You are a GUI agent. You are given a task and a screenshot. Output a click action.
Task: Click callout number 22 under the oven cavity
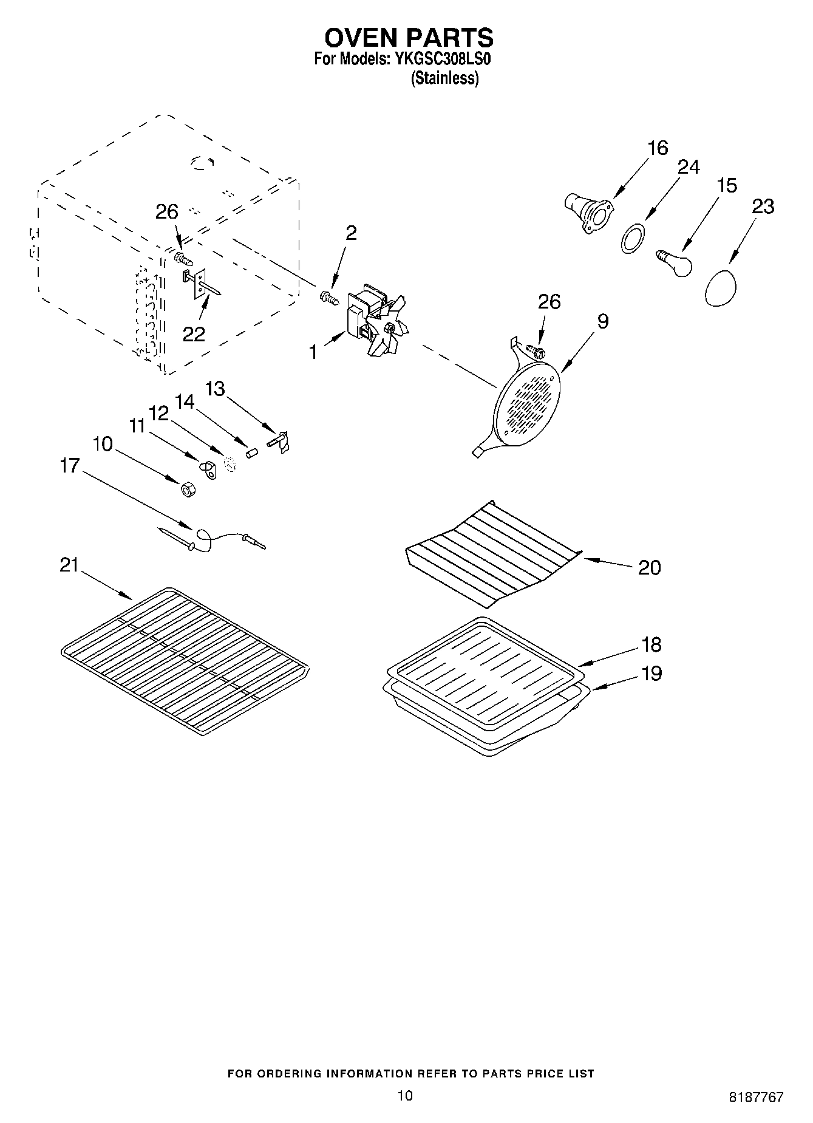pos(194,333)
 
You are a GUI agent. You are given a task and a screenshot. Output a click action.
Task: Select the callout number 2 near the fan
pos(351,233)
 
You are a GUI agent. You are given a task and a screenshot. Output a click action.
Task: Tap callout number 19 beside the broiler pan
pos(651,674)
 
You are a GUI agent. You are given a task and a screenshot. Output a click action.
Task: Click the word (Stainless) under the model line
pos(444,78)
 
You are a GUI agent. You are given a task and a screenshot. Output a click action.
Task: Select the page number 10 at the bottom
pos(405,1096)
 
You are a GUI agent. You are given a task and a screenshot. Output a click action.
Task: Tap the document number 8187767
pos(756,1097)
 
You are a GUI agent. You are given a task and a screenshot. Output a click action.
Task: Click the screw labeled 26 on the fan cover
pos(536,351)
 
